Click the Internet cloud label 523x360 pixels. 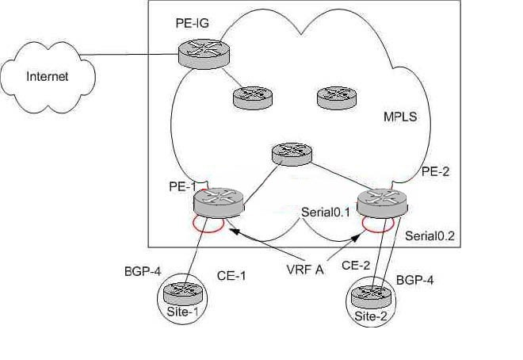(x=47, y=76)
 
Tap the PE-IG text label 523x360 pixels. (x=193, y=23)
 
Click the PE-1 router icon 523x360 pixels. (x=219, y=202)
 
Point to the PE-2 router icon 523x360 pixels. (x=382, y=203)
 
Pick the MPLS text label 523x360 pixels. (x=400, y=117)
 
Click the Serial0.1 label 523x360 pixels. (x=326, y=212)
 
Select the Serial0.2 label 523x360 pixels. (x=429, y=236)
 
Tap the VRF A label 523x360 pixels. (x=305, y=270)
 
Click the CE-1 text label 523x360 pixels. (x=231, y=276)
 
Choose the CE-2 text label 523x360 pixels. (x=356, y=266)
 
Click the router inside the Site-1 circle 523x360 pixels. (x=183, y=293)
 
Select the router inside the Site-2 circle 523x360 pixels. (x=371, y=297)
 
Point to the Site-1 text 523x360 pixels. (x=182, y=312)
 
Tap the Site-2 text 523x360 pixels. (x=371, y=316)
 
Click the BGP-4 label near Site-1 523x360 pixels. (x=143, y=271)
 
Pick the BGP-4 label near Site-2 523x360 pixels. (x=415, y=280)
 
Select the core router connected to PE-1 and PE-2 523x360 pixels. (x=292, y=154)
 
